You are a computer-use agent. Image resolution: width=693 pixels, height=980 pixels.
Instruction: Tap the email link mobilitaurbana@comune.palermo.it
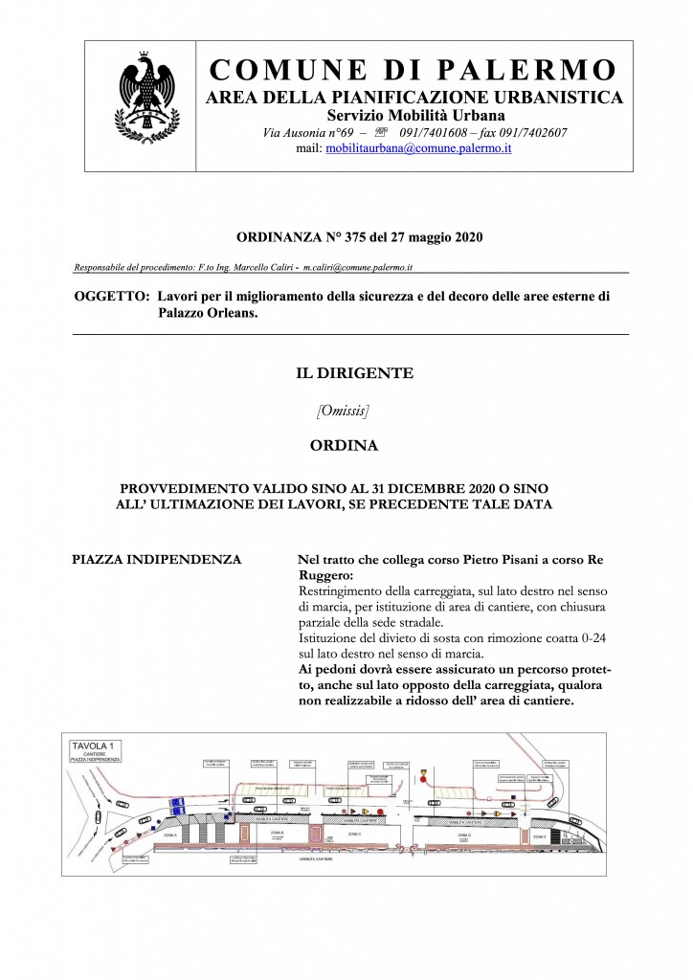point(418,149)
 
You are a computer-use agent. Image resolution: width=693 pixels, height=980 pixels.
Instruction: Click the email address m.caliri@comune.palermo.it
point(358,267)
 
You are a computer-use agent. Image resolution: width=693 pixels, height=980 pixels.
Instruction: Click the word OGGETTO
point(108,297)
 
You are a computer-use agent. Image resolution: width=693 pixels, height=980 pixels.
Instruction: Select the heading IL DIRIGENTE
point(354,373)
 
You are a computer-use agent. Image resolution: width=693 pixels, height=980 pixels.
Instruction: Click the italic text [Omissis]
point(342,411)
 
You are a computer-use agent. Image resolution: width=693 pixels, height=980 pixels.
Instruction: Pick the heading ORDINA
point(344,445)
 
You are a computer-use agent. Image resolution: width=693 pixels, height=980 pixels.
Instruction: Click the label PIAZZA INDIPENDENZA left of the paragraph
point(157,558)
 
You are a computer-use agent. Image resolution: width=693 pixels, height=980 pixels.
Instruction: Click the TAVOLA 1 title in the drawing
point(93,744)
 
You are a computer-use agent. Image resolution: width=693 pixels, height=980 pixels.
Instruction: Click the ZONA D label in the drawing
point(476,835)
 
